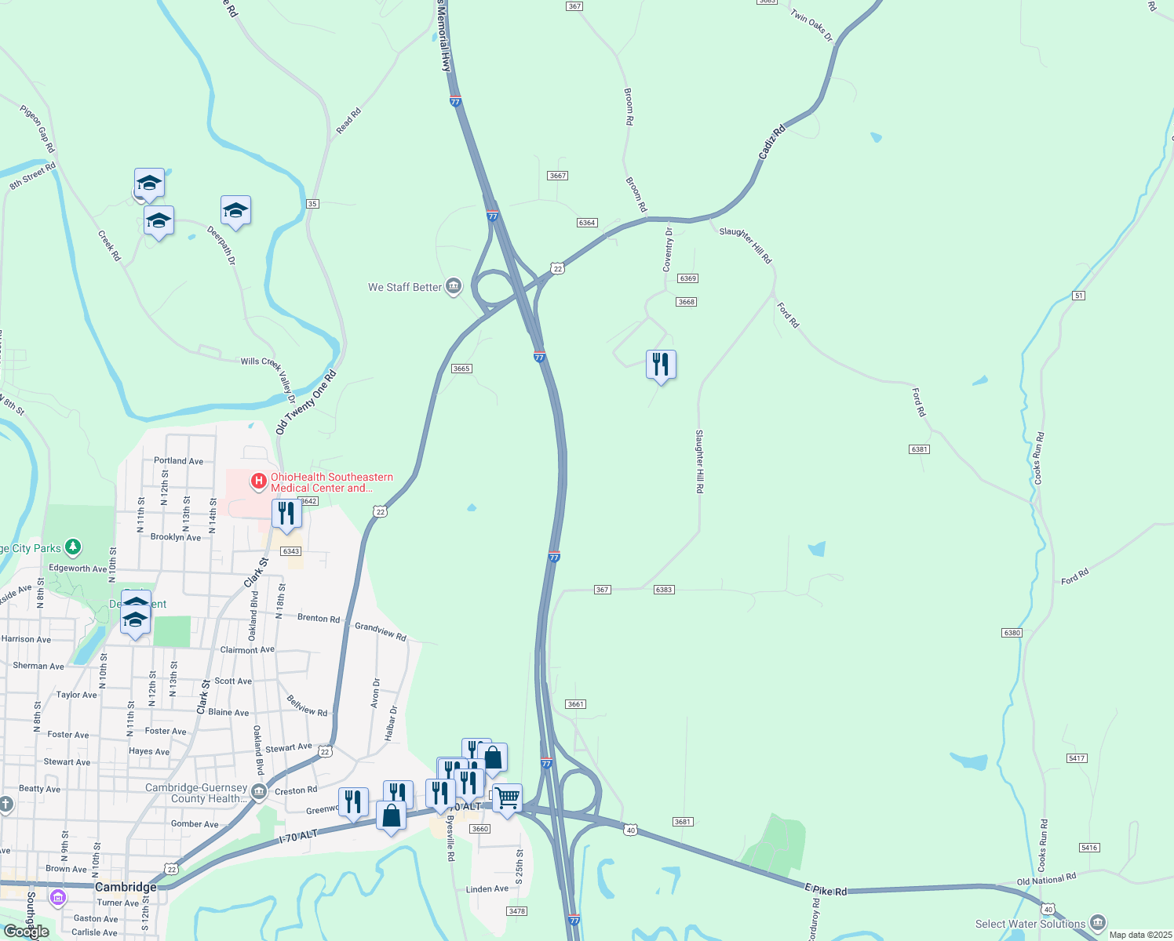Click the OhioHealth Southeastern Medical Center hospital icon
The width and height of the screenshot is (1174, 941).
[258, 479]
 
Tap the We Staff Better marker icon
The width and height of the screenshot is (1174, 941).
[454, 286]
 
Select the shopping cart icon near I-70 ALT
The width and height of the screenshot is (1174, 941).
[507, 798]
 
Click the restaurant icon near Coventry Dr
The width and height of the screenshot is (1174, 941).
[661, 365]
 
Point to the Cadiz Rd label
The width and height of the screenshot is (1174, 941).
[771, 144]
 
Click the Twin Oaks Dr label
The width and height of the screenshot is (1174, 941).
[811, 25]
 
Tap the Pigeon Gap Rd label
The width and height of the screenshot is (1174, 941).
[38, 129]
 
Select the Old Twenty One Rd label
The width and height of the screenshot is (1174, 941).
[305, 402]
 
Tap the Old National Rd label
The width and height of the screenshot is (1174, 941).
[1046, 880]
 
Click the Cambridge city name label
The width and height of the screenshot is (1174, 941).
[126, 887]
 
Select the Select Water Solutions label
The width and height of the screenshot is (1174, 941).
[1030, 924]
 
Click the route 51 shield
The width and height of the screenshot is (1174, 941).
[1079, 295]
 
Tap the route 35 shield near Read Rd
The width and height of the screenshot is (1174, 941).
[312, 204]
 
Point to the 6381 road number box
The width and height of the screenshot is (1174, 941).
[919, 449]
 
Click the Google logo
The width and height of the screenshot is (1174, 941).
[27, 931]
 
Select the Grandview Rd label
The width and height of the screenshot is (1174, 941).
[381, 631]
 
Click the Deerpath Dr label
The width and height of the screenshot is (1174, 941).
[221, 245]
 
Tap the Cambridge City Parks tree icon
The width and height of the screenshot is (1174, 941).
[73, 546]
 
